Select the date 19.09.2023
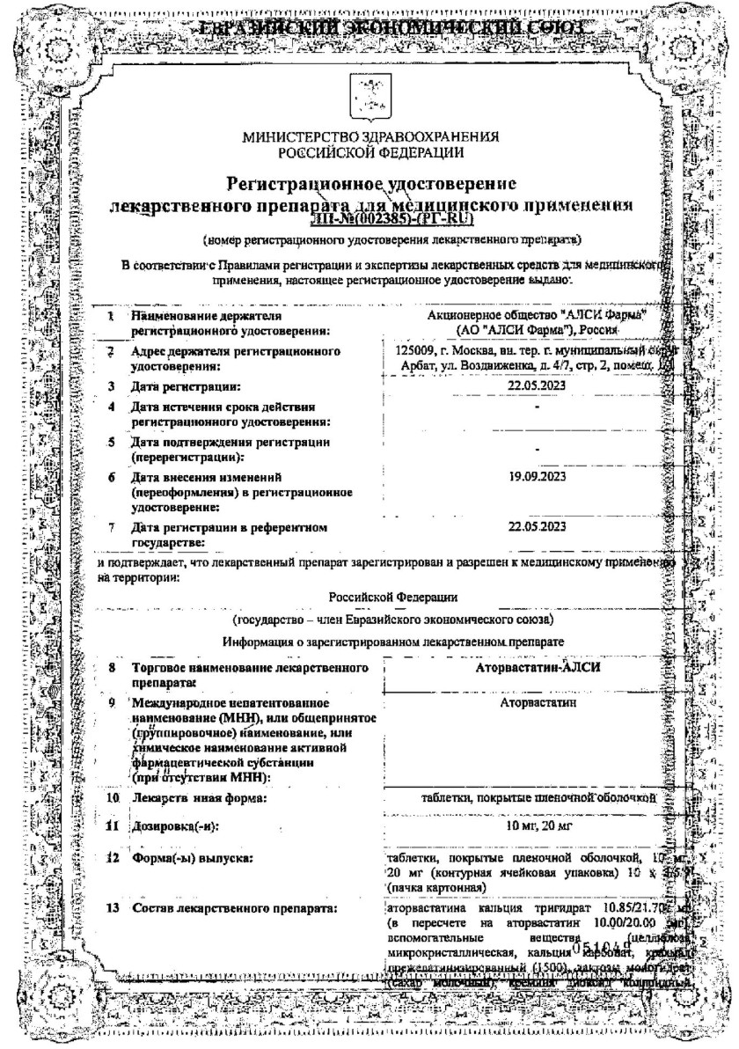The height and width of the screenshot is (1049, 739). [537, 477]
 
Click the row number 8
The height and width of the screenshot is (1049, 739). [113, 667]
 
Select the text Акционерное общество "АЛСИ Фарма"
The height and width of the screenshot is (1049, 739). [535, 314]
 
